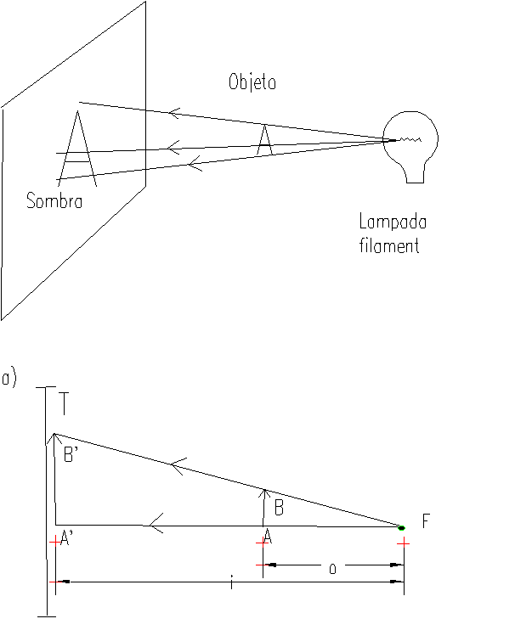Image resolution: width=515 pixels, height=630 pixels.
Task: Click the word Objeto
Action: (x=252, y=82)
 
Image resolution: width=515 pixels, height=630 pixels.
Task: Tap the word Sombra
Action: (x=54, y=200)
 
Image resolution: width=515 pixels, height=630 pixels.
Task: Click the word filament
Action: (x=389, y=245)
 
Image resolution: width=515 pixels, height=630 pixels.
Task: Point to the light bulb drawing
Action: (x=410, y=147)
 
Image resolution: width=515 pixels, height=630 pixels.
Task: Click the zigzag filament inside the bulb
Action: (x=410, y=140)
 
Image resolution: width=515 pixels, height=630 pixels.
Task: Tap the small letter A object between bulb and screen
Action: (x=264, y=140)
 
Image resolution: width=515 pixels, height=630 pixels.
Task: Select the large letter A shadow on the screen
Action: (x=77, y=149)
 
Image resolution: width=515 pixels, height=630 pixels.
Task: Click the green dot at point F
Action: (x=401, y=528)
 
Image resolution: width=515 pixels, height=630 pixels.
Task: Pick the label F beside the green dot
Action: (x=426, y=520)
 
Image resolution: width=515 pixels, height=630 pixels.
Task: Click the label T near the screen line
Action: (x=64, y=403)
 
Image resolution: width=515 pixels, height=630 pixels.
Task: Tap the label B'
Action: (x=71, y=455)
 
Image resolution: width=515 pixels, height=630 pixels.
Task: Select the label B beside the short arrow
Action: (x=279, y=508)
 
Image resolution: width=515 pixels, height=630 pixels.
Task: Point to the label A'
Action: (x=66, y=537)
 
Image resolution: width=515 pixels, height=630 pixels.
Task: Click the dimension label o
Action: (x=332, y=569)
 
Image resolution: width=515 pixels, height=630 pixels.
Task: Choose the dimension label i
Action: (x=231, y=582)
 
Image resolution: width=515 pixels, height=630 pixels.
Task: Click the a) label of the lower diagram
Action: (x=8, y=379)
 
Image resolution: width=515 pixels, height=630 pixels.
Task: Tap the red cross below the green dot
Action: (x=403, y=543)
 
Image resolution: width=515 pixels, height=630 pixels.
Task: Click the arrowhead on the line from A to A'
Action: (x=156, y=523)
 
